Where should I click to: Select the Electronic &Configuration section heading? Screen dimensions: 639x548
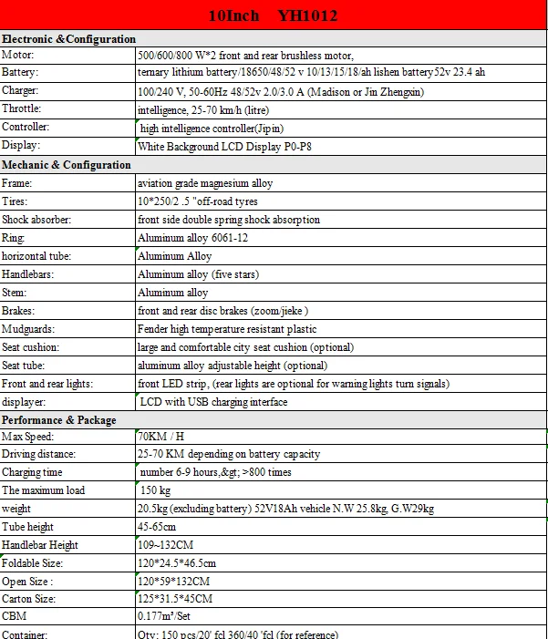(x=69, y=39)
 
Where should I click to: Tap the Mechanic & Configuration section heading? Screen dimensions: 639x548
(x=67, y=165)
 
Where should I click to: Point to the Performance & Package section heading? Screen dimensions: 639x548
(x=59, y=420)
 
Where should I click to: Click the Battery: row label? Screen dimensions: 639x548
(x=21, y=72)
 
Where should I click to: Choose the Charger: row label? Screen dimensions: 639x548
(x=22, y=90)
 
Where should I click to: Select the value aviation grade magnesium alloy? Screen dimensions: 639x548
(x=205, y=183)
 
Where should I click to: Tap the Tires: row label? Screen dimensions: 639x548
(x=16, y=201)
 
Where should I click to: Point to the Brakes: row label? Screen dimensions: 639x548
(x=18, y=311)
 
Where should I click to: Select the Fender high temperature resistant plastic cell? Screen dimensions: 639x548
(x=227, y=329)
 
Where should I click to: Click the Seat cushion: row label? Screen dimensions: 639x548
(x=31, y=347)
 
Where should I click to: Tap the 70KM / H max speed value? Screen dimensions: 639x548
(x=160, y=437)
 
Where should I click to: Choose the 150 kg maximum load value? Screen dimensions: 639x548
(x=157, y=490)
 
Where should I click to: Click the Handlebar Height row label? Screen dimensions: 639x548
(x=40, y=545)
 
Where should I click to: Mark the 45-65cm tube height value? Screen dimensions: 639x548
(x=157, y=527)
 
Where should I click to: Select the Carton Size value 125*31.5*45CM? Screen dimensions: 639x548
(x=175, y=599)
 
